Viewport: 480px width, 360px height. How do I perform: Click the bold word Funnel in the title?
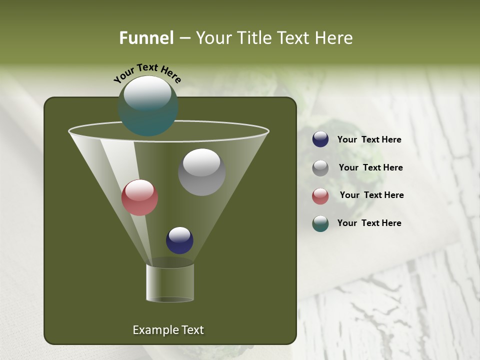(x=146, y=38)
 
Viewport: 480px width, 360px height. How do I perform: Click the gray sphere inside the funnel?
(x=201, y=172)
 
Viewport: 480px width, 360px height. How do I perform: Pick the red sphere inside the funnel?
(x=139, y=197)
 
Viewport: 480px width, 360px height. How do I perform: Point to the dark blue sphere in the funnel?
(x=179, y=240)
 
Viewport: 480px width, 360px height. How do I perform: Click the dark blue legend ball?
(x=320, y=139)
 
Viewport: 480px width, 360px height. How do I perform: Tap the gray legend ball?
(x=320, y=168)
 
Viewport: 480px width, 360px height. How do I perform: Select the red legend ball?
(x=320, y=195)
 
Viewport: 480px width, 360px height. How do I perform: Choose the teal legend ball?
(x=320, y=223)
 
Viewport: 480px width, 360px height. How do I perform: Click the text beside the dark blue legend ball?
(x=369, y=140)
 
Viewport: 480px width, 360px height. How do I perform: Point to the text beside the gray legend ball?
(x=370, y=167)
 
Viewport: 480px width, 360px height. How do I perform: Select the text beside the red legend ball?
(x=371, y=195)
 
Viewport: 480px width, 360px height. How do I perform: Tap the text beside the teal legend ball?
(x=369, y=223)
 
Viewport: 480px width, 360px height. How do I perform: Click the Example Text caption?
(x=168, y=330)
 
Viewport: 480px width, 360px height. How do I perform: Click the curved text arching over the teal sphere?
(x=147, y=72)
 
